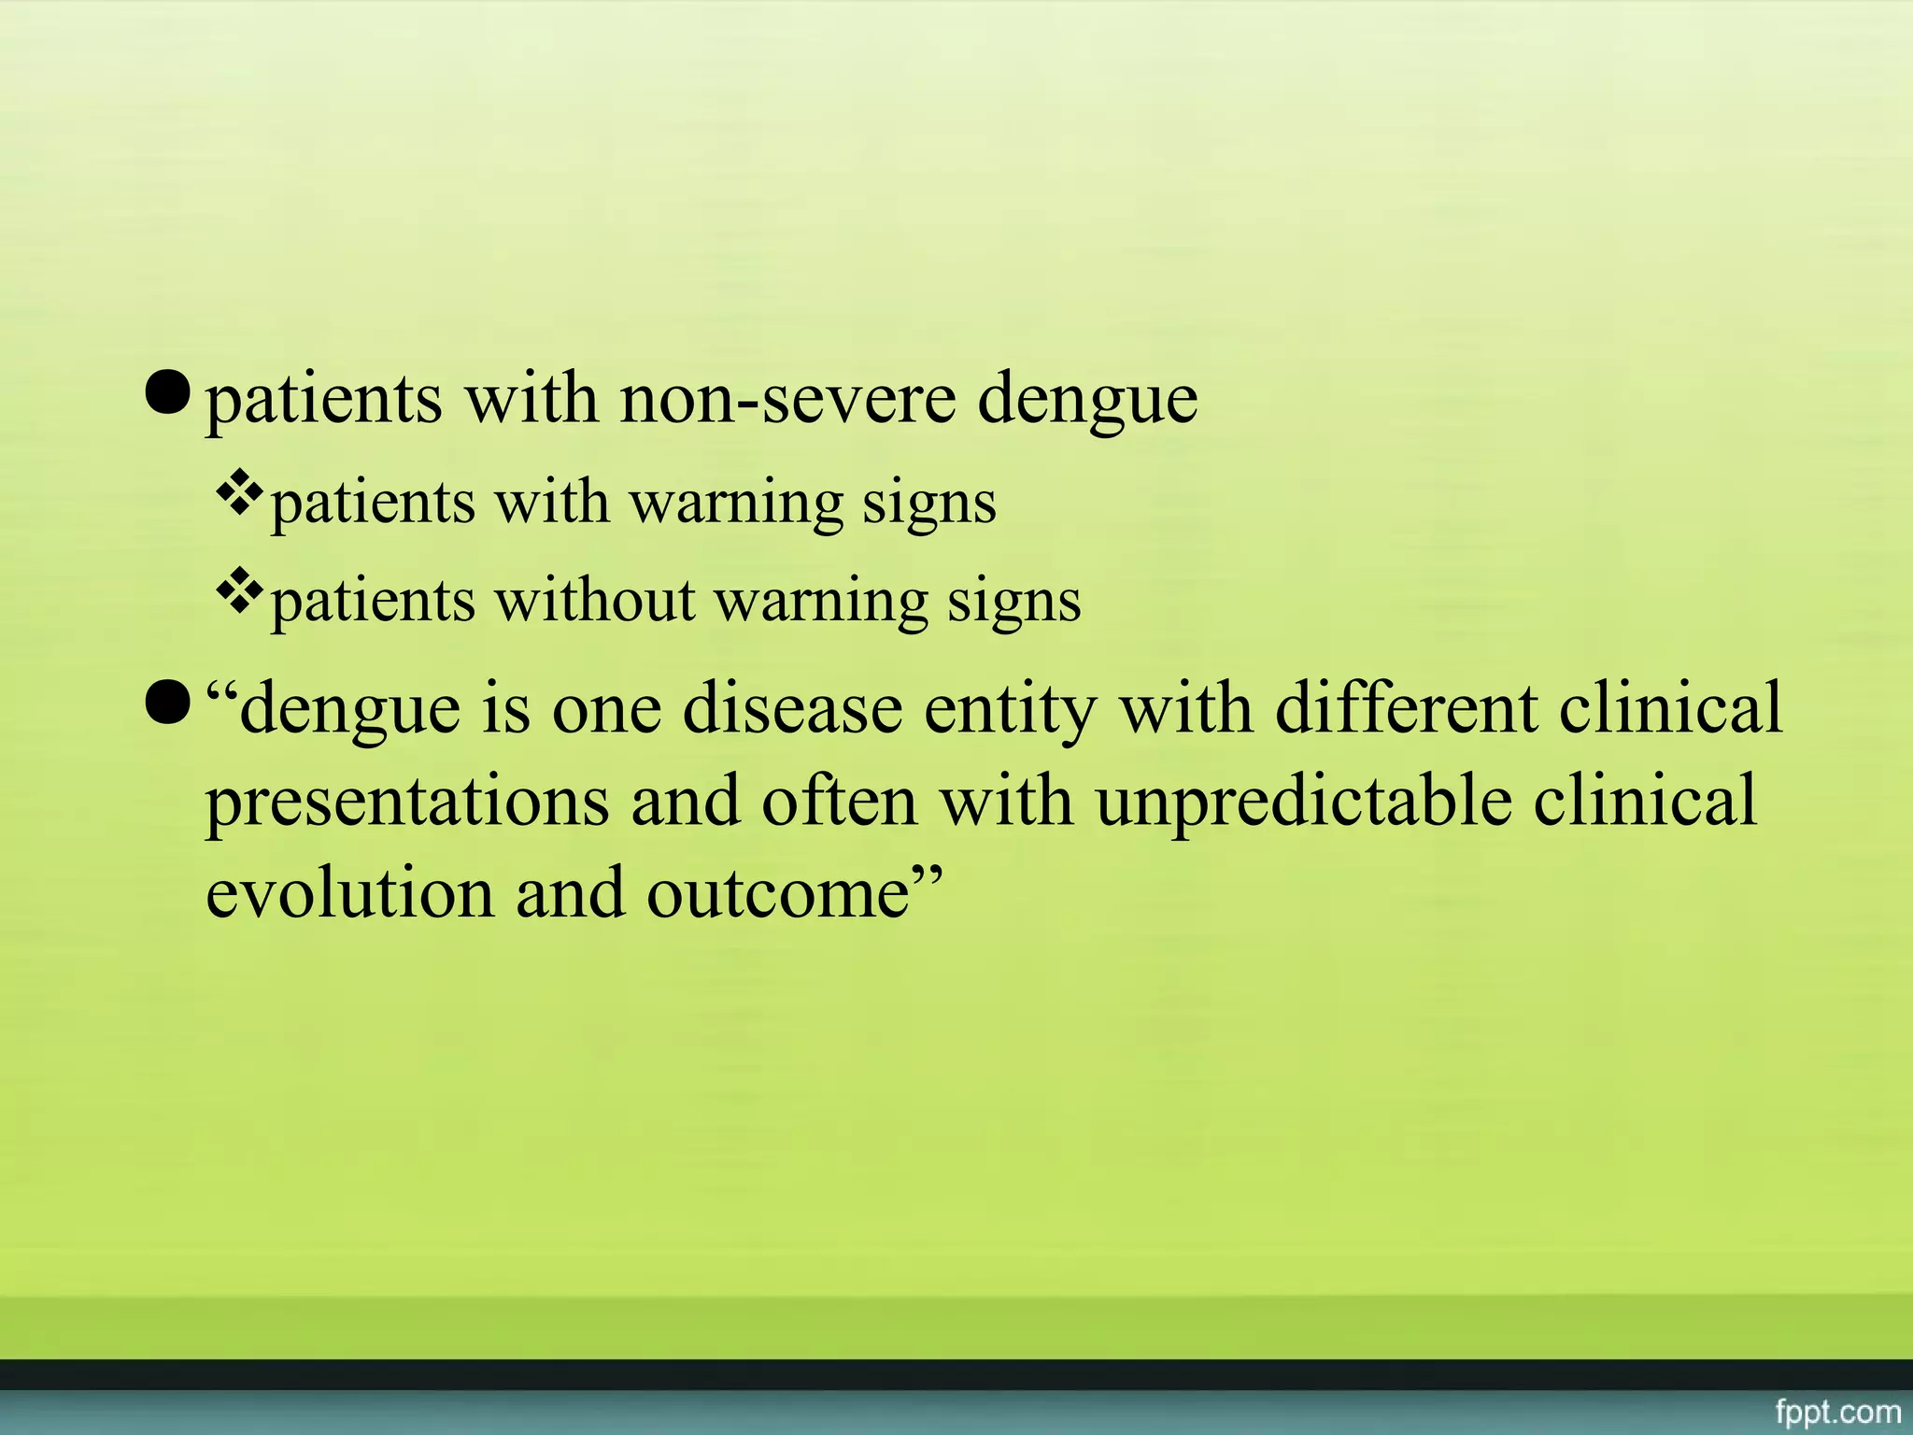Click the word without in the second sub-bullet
[594, 600]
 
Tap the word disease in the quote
[792, 708]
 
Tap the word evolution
[348, 893]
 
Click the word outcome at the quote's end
[777, 895]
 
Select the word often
[839, 802]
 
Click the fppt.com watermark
[1837, 1411]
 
